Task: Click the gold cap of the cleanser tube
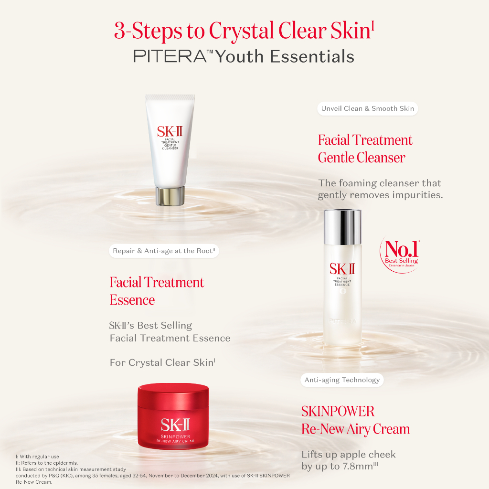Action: click(x=170, y=196)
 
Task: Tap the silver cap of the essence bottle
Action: click(x=342, y=227)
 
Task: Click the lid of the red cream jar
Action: click(x=173, y=394)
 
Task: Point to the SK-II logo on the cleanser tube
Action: click(x=170, y=132)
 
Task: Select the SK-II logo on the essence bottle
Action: click(x=342, y=269)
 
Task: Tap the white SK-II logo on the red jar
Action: click(x=175, y=425)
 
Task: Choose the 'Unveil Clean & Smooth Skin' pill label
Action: click(x=367, y=108)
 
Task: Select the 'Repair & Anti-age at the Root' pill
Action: click(x=164, y=251)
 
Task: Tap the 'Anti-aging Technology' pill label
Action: click(x=342, y=380)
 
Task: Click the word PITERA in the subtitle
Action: click(x=170, y=56)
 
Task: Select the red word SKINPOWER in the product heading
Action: click(x=338, y=411)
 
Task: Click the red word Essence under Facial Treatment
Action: click(x=132, y=300)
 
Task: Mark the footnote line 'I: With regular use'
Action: click(x=37, y=457)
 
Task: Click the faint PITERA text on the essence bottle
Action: click(x=342, y=321)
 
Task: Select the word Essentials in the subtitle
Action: click(x=312, y=56)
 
